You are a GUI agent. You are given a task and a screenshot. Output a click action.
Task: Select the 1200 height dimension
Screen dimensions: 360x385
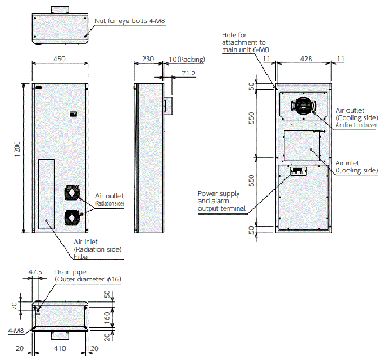[x=17, y=148]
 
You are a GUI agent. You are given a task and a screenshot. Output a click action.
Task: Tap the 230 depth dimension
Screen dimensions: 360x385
[x=148, y=58]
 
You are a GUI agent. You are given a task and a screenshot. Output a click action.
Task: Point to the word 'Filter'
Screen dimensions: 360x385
[x=82, y=256]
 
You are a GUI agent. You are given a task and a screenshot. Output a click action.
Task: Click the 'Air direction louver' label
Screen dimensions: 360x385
[x=356, y=125]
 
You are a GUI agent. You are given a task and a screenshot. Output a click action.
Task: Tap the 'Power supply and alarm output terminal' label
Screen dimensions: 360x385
[x=221, y=201]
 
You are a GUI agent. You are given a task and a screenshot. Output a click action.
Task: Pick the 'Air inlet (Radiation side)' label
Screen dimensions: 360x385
[x=98, y=245]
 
